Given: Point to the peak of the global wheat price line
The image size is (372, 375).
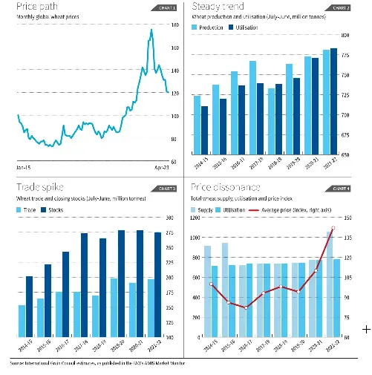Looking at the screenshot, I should coord(151,30).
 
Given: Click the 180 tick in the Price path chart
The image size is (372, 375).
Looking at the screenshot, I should coord(175,25).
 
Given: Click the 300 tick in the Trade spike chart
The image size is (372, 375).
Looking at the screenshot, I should coord(169,218).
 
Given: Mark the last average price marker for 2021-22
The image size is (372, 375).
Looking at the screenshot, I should coord(333,228).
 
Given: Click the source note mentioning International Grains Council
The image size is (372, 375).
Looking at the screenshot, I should coord(97,363).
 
